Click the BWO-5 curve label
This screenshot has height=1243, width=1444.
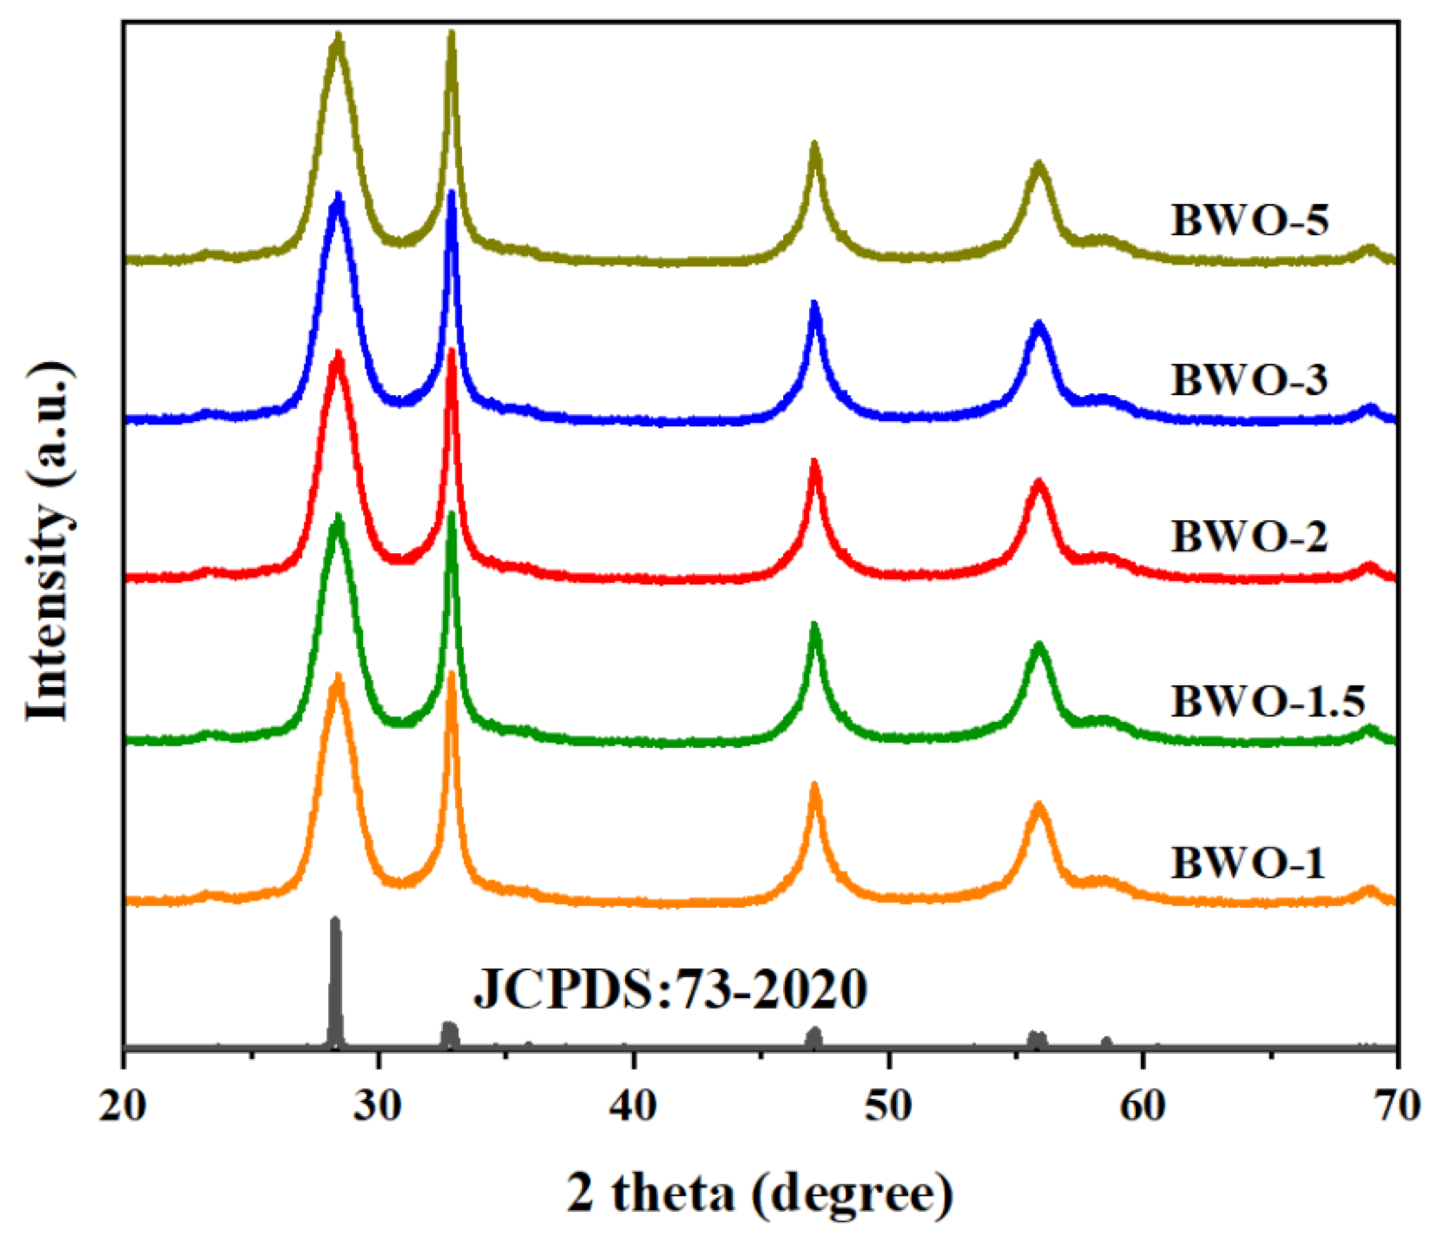(x=1250, y=221)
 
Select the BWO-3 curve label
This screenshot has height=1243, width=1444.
(x=1249, y=381)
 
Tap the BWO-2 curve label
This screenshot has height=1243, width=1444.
(x=1249, y=537)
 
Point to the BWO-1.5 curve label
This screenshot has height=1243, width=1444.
(x=1267, y=701)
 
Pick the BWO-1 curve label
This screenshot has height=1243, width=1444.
(x=1248, y=863)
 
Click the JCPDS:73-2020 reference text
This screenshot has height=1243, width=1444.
(x=670, y=990)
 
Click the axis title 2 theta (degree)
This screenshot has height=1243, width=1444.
(x=760, y=1193)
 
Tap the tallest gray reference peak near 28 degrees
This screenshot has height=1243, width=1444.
(x=335, y=924)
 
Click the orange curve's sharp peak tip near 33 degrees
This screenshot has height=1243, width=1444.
(x=452, y=675)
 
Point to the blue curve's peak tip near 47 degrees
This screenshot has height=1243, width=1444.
(x=814, y=305)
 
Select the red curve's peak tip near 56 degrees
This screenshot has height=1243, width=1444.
(x=1039, y=483)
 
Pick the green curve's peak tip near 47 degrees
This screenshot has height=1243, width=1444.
(x=814, y=625)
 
